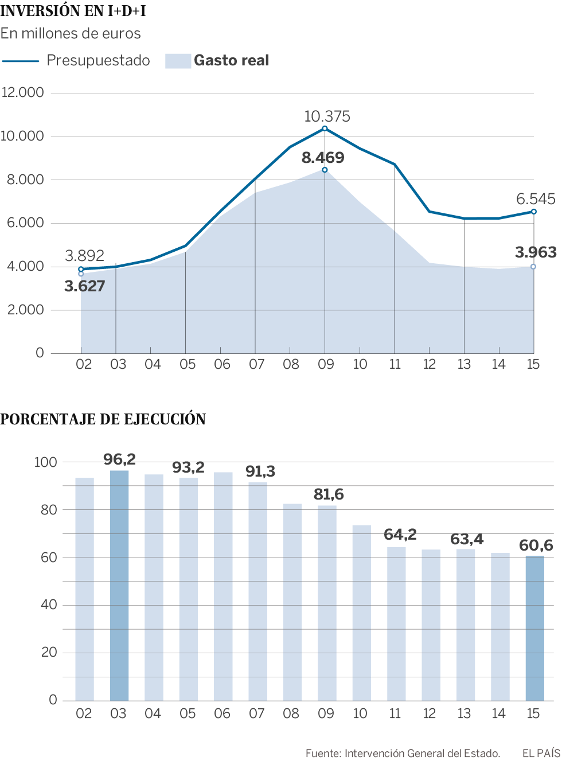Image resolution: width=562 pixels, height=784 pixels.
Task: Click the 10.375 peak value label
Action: click(x=327, y=116)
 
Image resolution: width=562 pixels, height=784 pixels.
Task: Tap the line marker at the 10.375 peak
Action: click(x=325, y=128)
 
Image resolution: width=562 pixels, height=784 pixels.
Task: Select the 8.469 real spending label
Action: click(x=323, y=158)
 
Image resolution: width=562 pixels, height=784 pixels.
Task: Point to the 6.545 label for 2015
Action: click(x=536, y=199)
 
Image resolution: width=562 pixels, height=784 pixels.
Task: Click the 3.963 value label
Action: click(x=536, y=252)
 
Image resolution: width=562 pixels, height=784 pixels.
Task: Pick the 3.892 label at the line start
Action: click(x=84, y=256)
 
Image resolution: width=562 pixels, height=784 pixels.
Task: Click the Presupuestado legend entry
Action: click(x=98, y=61)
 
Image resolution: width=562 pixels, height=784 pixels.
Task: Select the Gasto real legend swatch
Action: click(x=178, y=61)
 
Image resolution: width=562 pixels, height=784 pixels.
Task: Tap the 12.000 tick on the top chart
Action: click(x=23, y=92)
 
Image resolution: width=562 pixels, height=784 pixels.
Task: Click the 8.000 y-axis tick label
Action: click(x=25, y=180)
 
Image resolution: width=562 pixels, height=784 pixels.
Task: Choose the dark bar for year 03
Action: click(x=119, y=585)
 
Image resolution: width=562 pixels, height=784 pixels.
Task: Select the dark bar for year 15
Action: click(x=535, y=628)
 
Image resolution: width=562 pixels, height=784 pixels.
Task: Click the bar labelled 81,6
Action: click(x=327, y=602)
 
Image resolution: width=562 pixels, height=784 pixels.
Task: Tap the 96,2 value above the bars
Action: click(x=119, y=459)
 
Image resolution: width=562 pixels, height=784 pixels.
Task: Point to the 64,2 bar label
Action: click(x=400, y=535)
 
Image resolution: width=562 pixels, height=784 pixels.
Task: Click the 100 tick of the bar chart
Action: click(x=45, y=462)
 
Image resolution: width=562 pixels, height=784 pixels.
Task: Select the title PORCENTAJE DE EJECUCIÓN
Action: click(x=103, y=419)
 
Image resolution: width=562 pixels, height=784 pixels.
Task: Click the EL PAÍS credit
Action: click(x=541, y=753)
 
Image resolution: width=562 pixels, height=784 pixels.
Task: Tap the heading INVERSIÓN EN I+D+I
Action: click(x=73, y=11)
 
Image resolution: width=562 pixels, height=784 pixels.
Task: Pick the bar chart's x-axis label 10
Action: click(x=360, y=713)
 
